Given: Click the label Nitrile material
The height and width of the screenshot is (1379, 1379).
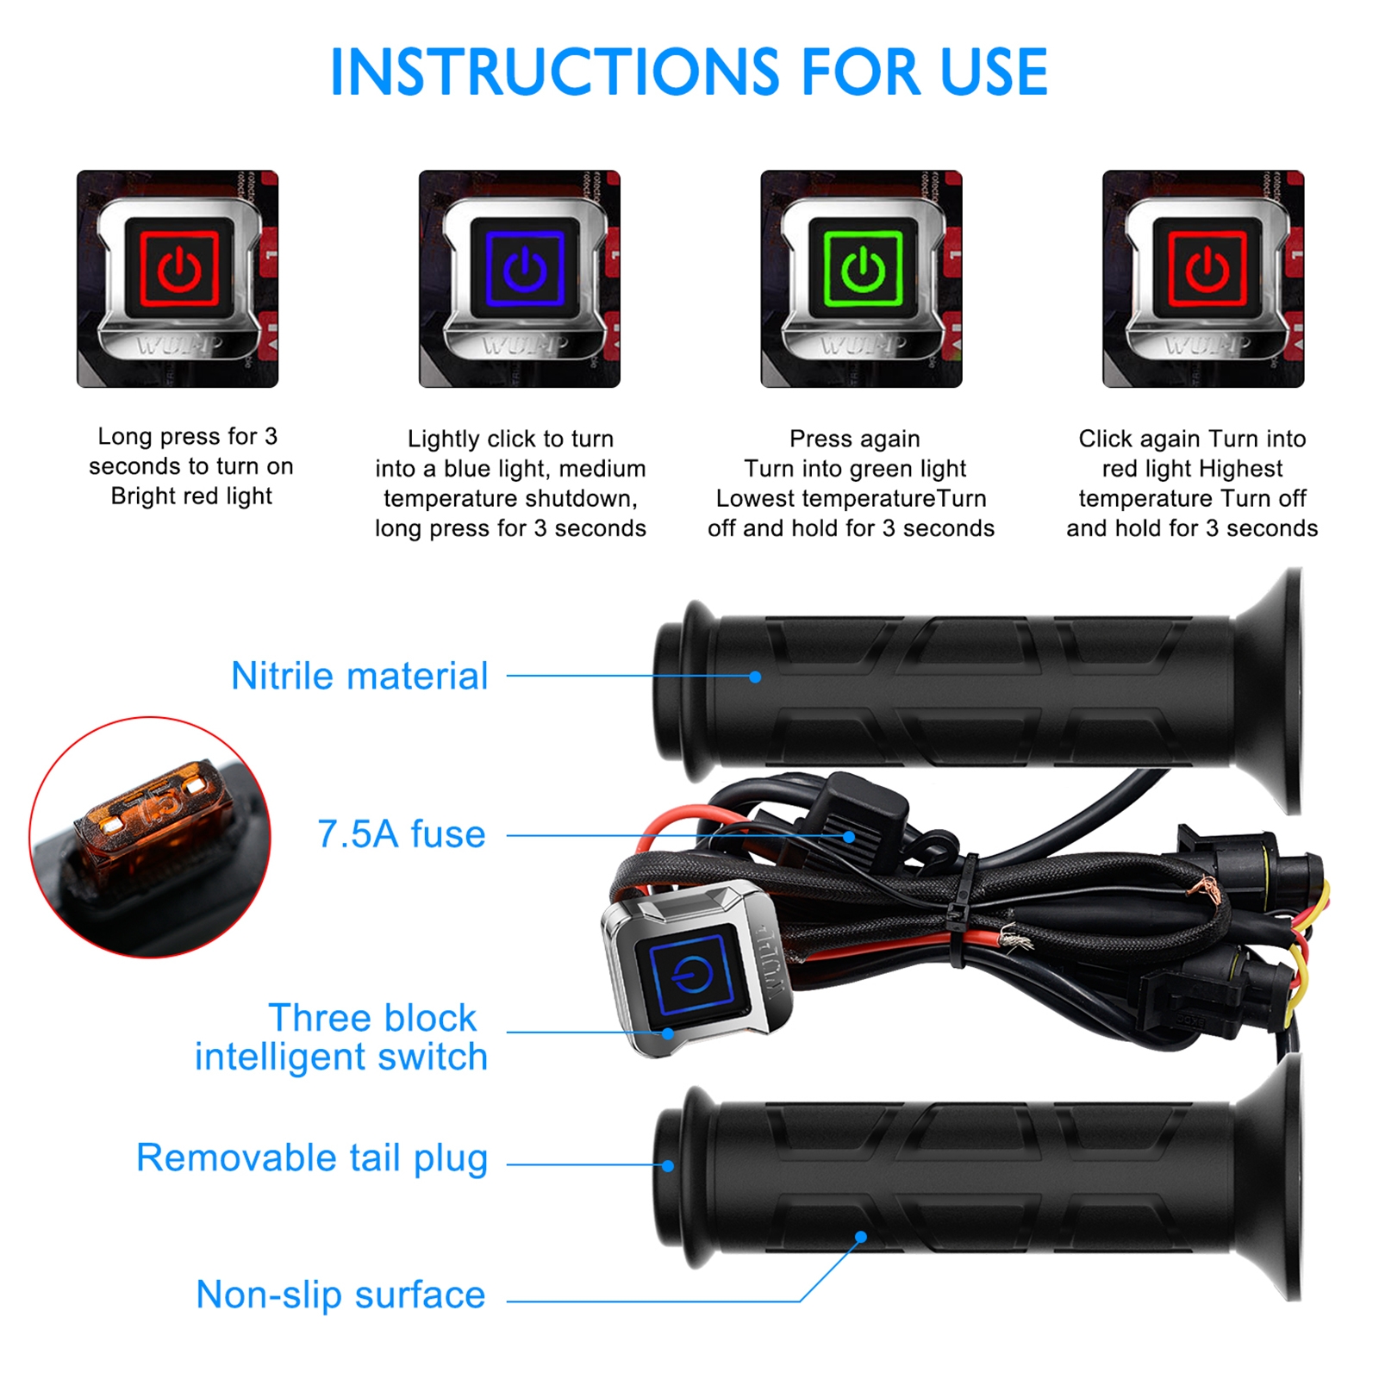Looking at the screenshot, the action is (359, 676).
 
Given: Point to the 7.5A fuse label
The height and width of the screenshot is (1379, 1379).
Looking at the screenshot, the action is (402, 833).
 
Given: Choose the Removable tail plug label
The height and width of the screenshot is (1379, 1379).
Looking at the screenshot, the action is (312, 1158).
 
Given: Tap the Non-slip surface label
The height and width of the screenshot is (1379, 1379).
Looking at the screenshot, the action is (340, 1295).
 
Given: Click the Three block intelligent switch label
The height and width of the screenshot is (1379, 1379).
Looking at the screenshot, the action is (341, 1037).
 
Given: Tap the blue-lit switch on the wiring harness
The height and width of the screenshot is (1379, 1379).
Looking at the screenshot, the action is (694, 970).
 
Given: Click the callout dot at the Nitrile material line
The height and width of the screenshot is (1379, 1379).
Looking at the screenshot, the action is (755, 677).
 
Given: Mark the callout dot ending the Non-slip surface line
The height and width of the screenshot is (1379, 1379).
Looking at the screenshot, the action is (860, 1237).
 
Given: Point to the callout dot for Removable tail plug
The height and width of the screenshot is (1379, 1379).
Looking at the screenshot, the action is (668, 1165).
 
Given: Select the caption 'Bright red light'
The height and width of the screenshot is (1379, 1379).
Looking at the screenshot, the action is (191, 496).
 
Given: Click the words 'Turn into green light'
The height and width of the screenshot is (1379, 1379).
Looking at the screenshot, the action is (855, 469).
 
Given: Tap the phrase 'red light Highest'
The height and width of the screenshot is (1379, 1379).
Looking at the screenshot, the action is (1192, 469).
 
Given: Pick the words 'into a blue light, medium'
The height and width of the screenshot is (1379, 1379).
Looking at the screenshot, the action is (510, 469).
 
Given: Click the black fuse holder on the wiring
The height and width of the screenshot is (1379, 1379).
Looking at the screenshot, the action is (858, 810).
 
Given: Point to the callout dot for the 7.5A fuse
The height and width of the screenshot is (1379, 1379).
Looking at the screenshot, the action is (849, 836).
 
